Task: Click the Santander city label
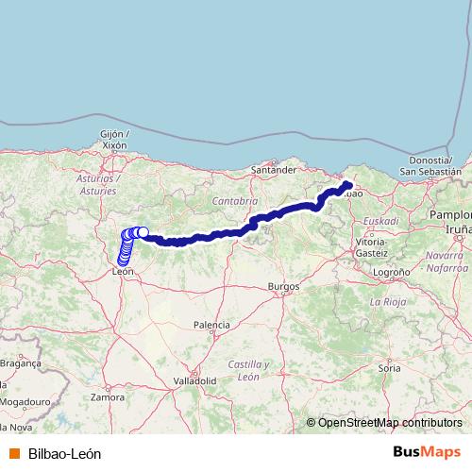click(275, 170)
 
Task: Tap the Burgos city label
click(283, 285)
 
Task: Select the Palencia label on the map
click(211, 325)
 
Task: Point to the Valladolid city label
click(194, 380)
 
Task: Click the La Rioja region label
click(387, 302)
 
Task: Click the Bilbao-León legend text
click(64, 453)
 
